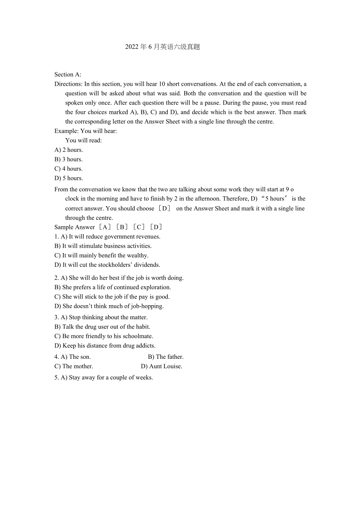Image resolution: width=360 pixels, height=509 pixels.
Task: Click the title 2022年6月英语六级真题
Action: click(x=162, y=47)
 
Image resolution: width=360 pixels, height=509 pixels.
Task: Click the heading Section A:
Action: click(x=68, y=74)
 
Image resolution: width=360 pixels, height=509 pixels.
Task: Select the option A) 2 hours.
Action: click(x=68, y=150)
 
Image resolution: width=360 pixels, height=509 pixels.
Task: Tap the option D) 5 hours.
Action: click(x=68, y=178)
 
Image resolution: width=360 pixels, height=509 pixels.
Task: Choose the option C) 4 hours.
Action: click(x=68, y=169)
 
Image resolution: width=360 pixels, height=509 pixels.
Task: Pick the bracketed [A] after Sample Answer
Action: click(x=104, y=227)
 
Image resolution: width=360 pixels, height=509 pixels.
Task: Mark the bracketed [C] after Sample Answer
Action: click(x=139, y=227)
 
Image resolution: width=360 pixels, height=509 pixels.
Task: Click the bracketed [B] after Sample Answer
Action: click(x=122, y=227)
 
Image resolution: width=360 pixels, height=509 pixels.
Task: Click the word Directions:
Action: click(x=68, y=84)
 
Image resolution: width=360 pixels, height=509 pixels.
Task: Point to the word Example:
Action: click(x=67, y=131)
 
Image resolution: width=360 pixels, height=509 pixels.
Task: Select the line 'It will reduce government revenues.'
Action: click(x=114, y=236)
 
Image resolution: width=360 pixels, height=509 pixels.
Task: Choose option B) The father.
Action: click(x=166, y=357)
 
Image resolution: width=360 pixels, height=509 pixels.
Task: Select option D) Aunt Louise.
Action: click(x=162, y=366)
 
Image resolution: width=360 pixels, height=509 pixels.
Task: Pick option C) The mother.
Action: click(x=74, y=366)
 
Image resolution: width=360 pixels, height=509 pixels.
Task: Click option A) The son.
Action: click(x=72, y=357)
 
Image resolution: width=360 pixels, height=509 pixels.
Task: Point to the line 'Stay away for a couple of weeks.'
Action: click(x=111, y=378)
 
